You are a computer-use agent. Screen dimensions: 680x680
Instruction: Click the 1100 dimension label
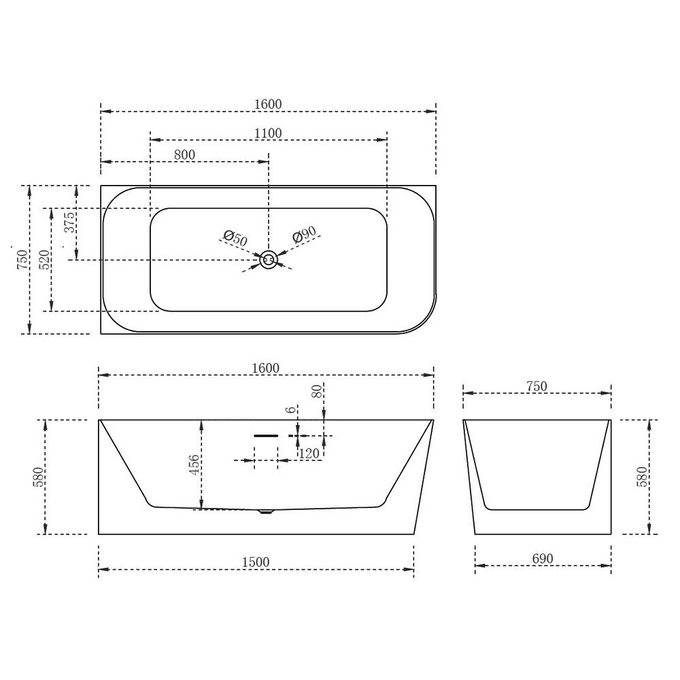tap(267, 133)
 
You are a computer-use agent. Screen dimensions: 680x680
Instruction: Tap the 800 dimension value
tap(184, 155)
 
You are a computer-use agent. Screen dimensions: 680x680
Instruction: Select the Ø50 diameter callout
tap(235, 238)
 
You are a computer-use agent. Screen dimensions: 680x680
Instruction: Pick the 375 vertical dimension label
tap(69, 222)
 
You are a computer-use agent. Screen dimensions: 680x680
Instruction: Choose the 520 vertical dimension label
tap(45, 260)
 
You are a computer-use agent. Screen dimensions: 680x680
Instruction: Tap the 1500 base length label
tap(256, 562)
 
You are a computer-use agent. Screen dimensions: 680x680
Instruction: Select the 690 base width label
tap(543, 558)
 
